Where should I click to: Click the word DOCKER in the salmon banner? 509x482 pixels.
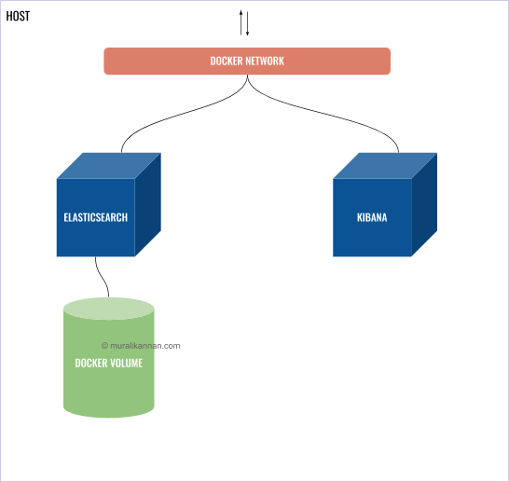(x=227, y=62)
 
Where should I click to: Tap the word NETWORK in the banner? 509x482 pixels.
(x=265, y=62)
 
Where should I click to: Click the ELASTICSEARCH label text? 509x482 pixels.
(x=95, y=217)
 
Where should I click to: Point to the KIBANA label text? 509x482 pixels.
(x=372, y=217)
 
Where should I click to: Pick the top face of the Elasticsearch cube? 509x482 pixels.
(x=108, y=165)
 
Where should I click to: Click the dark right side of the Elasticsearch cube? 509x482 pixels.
(x=148, y=205)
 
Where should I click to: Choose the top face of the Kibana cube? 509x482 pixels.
(x=385, y=165)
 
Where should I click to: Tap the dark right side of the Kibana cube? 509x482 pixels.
(x=424, y=205)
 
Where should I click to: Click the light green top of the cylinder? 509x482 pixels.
(x=108, y=309)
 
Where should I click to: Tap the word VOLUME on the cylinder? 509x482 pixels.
(x=128, y=363)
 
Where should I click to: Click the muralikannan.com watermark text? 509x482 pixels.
(x=145, y=345)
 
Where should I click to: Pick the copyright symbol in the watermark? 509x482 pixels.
(x=105, y=345)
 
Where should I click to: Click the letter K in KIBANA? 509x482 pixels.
(x=360, y=217)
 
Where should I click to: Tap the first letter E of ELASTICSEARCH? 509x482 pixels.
(x=66, y=217)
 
